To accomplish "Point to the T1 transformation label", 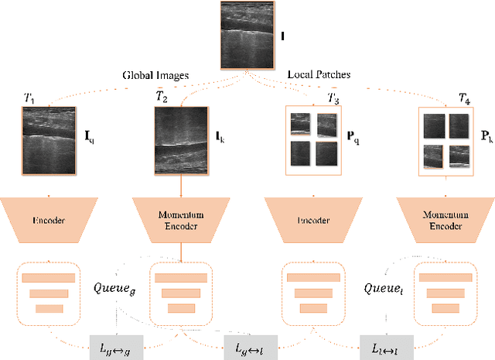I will coord(29,98).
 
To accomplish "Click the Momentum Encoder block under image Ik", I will coord(181,220).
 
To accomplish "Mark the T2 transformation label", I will coord(161,98).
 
